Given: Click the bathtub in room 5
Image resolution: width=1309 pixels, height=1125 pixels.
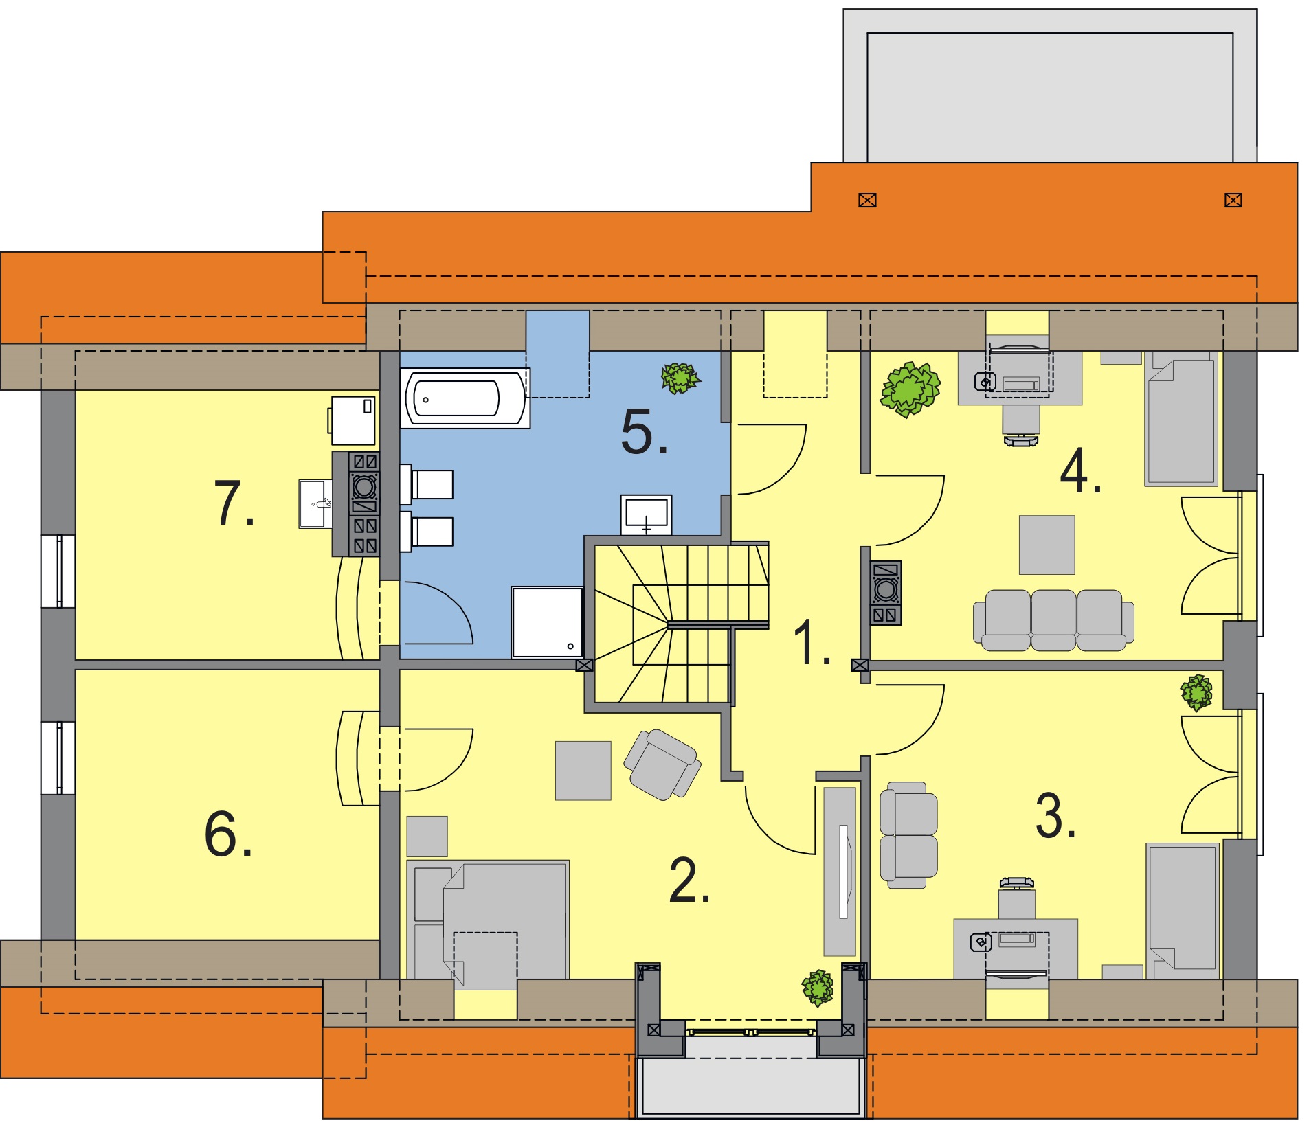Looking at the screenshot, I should click(x=465, y=399).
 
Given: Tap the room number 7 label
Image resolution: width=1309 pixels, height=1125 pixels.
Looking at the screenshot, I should click(x=234, y=504).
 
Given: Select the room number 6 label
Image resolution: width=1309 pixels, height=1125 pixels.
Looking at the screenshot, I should click(x=228, y=834).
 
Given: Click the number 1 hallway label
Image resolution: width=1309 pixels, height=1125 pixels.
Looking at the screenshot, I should click(x=812, y=642).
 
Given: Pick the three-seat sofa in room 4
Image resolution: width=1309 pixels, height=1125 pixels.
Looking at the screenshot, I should click(x=1053, y=620).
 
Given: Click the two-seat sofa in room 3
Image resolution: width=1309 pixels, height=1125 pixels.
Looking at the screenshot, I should click(x=908, y=834).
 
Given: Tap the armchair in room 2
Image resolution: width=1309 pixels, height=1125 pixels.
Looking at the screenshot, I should click(x=662, y=764).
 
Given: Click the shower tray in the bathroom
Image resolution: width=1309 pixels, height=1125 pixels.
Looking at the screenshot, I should click(x=547, y=622).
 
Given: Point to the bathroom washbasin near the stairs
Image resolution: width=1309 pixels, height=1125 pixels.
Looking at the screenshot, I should click(x=646, y=514).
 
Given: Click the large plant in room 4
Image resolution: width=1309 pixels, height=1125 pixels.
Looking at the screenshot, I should click(x=910, y=389).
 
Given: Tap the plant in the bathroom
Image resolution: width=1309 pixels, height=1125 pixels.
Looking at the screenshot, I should click(x=680, y=378).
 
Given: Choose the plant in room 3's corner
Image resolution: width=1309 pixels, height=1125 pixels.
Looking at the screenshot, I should click(x=1196, y=692).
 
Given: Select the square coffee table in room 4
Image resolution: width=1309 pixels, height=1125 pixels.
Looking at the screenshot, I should click(x=1046, y=545).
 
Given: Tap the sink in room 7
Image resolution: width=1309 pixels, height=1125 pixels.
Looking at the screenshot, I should click(x=315, y=504).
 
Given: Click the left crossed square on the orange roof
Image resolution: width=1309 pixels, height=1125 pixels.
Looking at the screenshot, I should click(x=867, y=201).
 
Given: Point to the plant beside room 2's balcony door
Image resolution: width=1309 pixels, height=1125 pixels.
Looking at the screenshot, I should click(x=818, y=988).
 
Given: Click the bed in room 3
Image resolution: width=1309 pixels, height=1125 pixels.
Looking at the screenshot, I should click(x=1182, y=911).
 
